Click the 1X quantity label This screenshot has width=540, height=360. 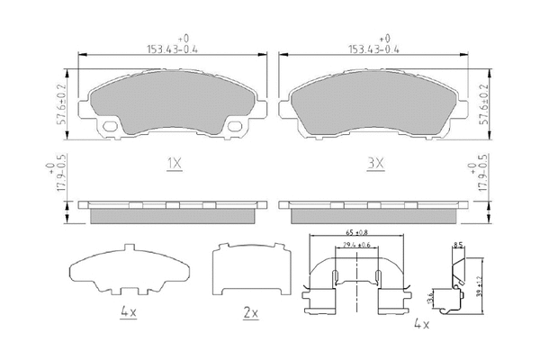(175, 164)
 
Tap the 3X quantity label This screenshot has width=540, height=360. (375, 164)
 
